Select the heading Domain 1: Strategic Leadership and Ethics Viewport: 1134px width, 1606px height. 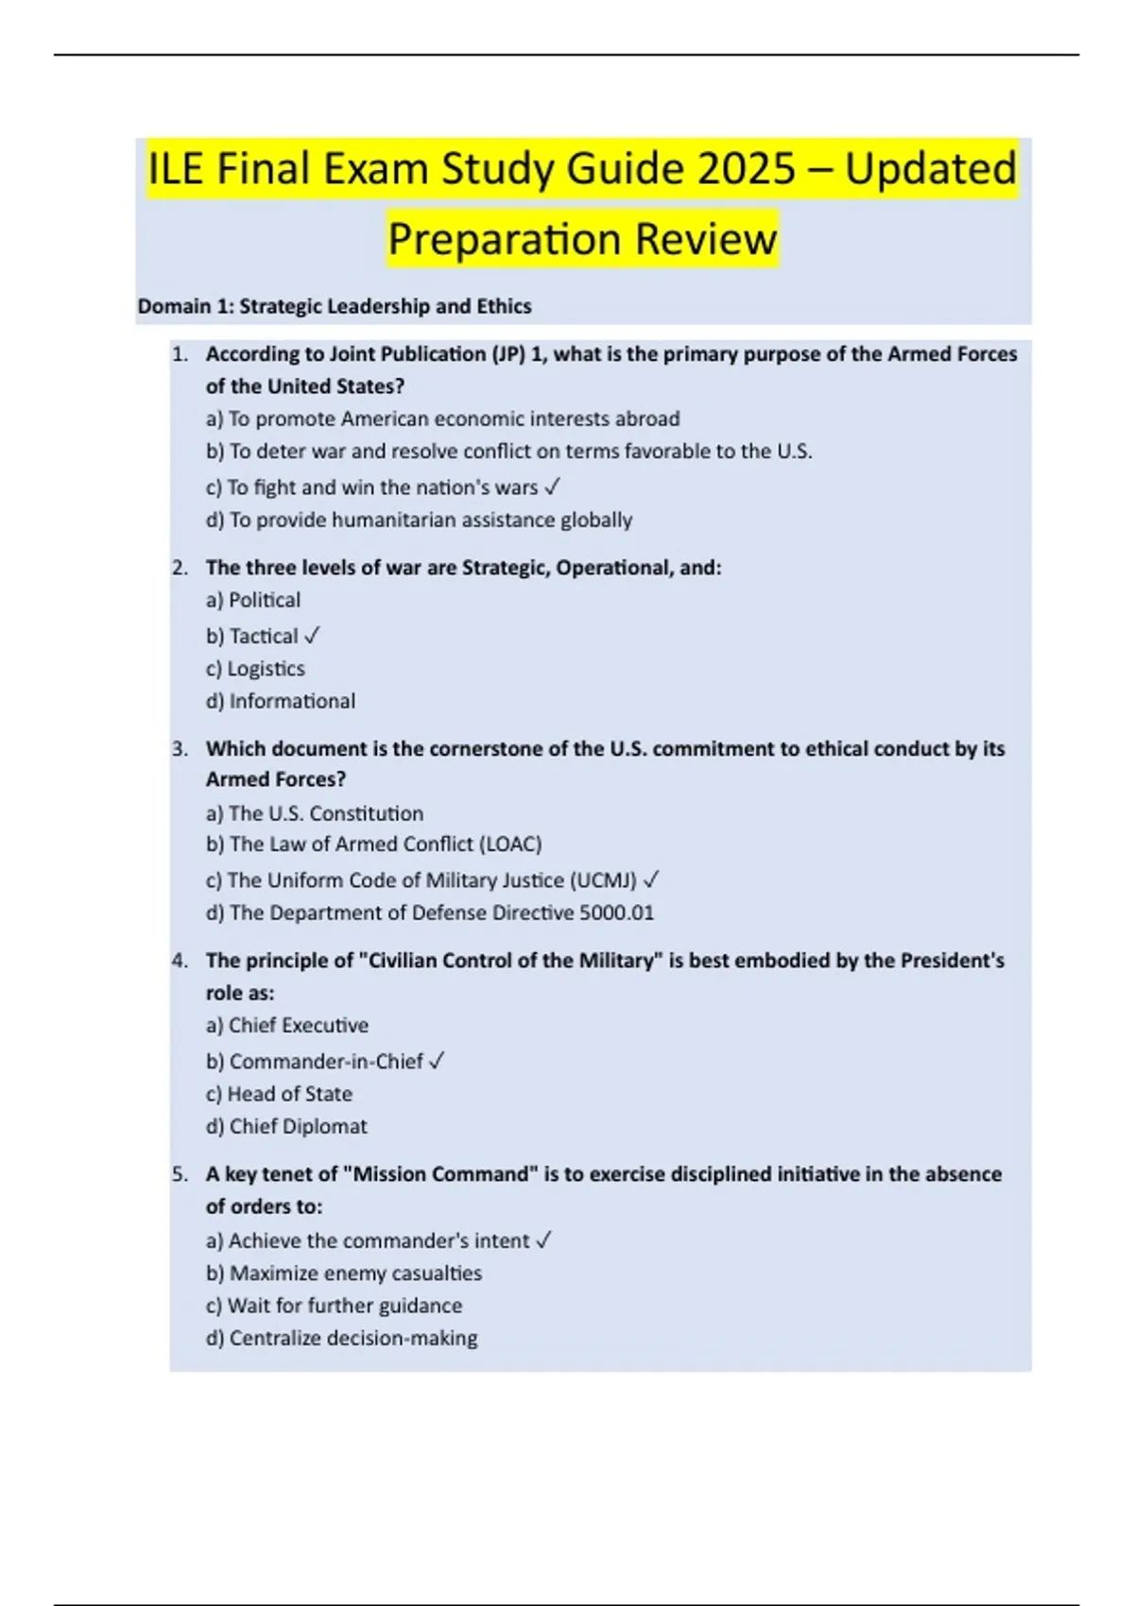335,306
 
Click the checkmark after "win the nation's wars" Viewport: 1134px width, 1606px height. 554,487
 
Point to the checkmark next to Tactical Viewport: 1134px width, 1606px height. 313,636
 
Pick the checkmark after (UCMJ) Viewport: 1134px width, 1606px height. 651,880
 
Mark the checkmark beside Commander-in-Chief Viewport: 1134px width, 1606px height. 437,1061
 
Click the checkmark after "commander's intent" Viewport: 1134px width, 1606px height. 543,1240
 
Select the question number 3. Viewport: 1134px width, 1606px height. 180,749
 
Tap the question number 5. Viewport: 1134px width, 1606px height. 180,1174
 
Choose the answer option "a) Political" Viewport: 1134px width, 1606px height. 253,600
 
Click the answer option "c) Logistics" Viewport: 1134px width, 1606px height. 255,669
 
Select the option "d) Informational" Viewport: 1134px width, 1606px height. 281,701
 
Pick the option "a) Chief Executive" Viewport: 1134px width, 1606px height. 287,1025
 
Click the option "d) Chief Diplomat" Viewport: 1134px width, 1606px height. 286,1126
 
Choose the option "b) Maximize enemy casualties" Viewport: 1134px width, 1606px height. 344,1273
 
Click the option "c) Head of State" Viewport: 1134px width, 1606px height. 279,1094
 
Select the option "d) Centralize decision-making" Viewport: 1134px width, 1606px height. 342,1338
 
